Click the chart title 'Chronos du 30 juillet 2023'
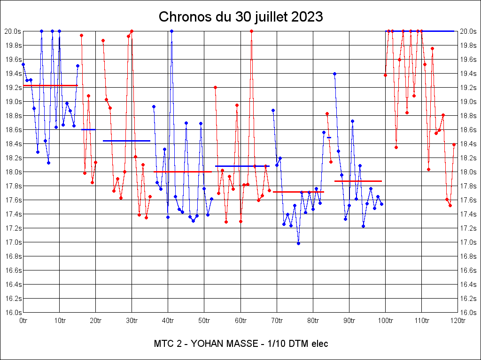pos(240,17)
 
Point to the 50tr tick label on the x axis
pos(204,321)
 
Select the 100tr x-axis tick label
pos(385,321)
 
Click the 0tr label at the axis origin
pos(23,321)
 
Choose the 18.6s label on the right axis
pos(468,130)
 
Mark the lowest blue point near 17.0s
pos(298,243)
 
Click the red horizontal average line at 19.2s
pos(50,85)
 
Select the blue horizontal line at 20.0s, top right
pos(419,31)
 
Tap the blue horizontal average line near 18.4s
pos(126,141)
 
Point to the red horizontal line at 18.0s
pos(183,172)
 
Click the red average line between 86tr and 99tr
pos(358,181)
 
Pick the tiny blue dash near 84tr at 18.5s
pos(329,137)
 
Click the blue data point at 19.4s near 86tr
pos(334,74)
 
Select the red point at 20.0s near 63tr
pos(251,31)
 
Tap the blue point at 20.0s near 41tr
pos(171,31)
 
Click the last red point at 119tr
pos(454,145)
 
